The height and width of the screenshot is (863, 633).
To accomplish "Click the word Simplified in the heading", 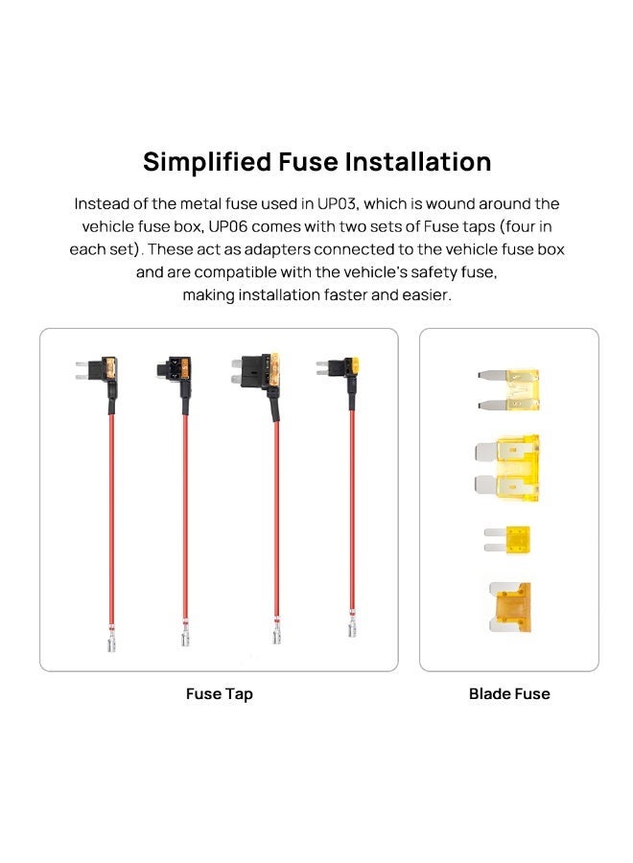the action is [207, 162].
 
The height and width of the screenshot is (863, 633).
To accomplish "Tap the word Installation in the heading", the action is [418, 162].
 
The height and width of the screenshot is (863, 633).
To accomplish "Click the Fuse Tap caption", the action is [219, 693].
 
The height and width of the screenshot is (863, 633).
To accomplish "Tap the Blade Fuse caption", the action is [509, 693].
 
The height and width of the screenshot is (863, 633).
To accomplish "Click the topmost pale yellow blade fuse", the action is [508, 389].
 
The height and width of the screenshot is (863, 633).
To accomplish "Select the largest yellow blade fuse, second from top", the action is [507, 468].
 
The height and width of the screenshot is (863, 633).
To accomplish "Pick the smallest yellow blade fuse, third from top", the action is [507, 539].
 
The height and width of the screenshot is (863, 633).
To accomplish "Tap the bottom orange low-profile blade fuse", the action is [510, 607].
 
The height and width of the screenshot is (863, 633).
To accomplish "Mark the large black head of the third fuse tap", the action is [258, 370].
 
